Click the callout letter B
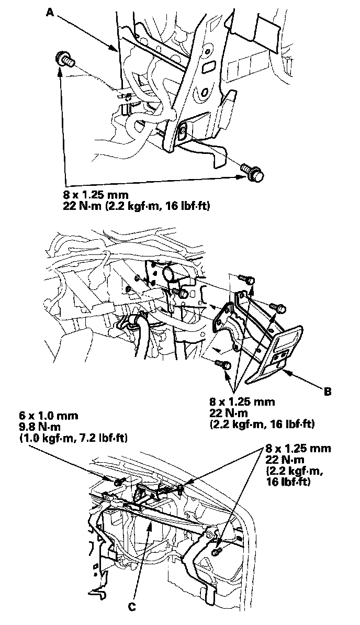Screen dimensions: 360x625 pos(327,390)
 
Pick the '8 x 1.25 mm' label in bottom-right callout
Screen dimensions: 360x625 pos(298,449)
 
